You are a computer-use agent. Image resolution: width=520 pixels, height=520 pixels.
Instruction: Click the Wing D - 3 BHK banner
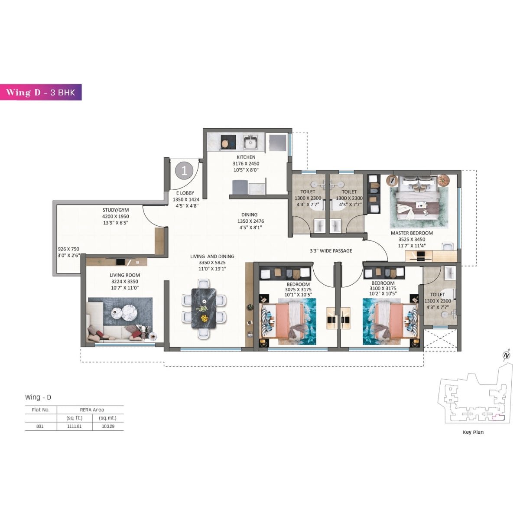point(41,92)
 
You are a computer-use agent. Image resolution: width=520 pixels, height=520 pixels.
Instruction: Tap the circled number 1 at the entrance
point(184,171)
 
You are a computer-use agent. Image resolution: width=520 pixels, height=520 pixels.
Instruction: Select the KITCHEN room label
point(246,157)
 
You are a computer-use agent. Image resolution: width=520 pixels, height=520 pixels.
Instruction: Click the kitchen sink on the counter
point(250,142)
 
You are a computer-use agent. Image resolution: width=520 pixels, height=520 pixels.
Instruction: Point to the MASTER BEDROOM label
point(411,233)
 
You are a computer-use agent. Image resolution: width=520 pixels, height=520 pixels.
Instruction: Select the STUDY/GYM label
point(115,210)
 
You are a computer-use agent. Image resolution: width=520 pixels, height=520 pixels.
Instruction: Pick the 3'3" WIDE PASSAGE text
point(331,251)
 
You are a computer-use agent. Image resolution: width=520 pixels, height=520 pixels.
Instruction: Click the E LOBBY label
point(185,193)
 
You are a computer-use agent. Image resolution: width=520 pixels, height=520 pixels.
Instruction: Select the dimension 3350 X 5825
point(212,263)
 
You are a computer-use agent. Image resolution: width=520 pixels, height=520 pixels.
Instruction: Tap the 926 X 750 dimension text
point(68,249)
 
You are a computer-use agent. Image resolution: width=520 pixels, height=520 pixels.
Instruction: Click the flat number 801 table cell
point(40,426)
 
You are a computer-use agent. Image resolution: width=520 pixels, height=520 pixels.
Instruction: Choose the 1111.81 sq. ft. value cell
point(74,426)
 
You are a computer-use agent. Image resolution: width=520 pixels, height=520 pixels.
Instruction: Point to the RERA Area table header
point(92,409)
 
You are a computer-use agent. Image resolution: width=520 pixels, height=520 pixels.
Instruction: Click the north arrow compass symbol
point(506,356)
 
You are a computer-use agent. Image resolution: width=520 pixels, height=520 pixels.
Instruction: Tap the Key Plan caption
point(473,432)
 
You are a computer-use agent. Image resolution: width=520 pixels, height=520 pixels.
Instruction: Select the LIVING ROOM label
point(124,275)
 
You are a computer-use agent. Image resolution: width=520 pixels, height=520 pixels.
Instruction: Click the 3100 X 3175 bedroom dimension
point(383,289)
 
